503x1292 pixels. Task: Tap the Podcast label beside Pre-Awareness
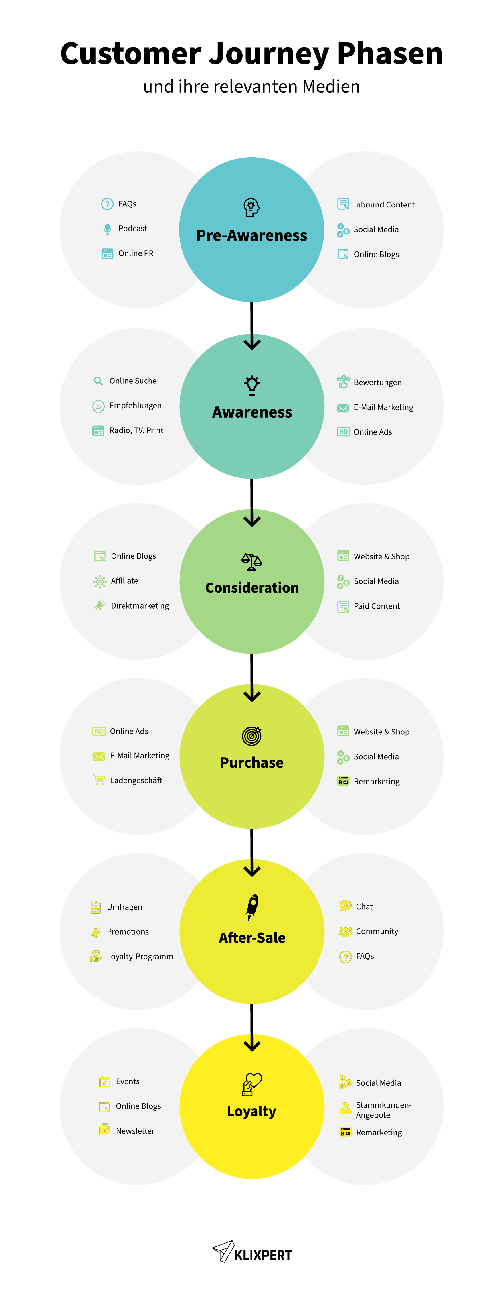(x=133, y=229)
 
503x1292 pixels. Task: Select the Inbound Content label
(x=384, y=205)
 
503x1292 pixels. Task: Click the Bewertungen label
(x=377, y=383)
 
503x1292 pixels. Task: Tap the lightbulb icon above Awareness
(x=252, y=385)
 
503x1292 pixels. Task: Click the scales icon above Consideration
(x=252, y=561)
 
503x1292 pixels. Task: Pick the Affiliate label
(x=124, y=581)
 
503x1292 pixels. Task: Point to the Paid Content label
(x=377, y=606)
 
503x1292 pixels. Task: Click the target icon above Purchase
(x=252, y=736)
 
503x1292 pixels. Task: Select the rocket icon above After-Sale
(x=252, y=907)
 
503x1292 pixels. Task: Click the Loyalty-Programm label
(x=140, y=957)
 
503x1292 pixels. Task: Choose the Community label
(x=377, y=931)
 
